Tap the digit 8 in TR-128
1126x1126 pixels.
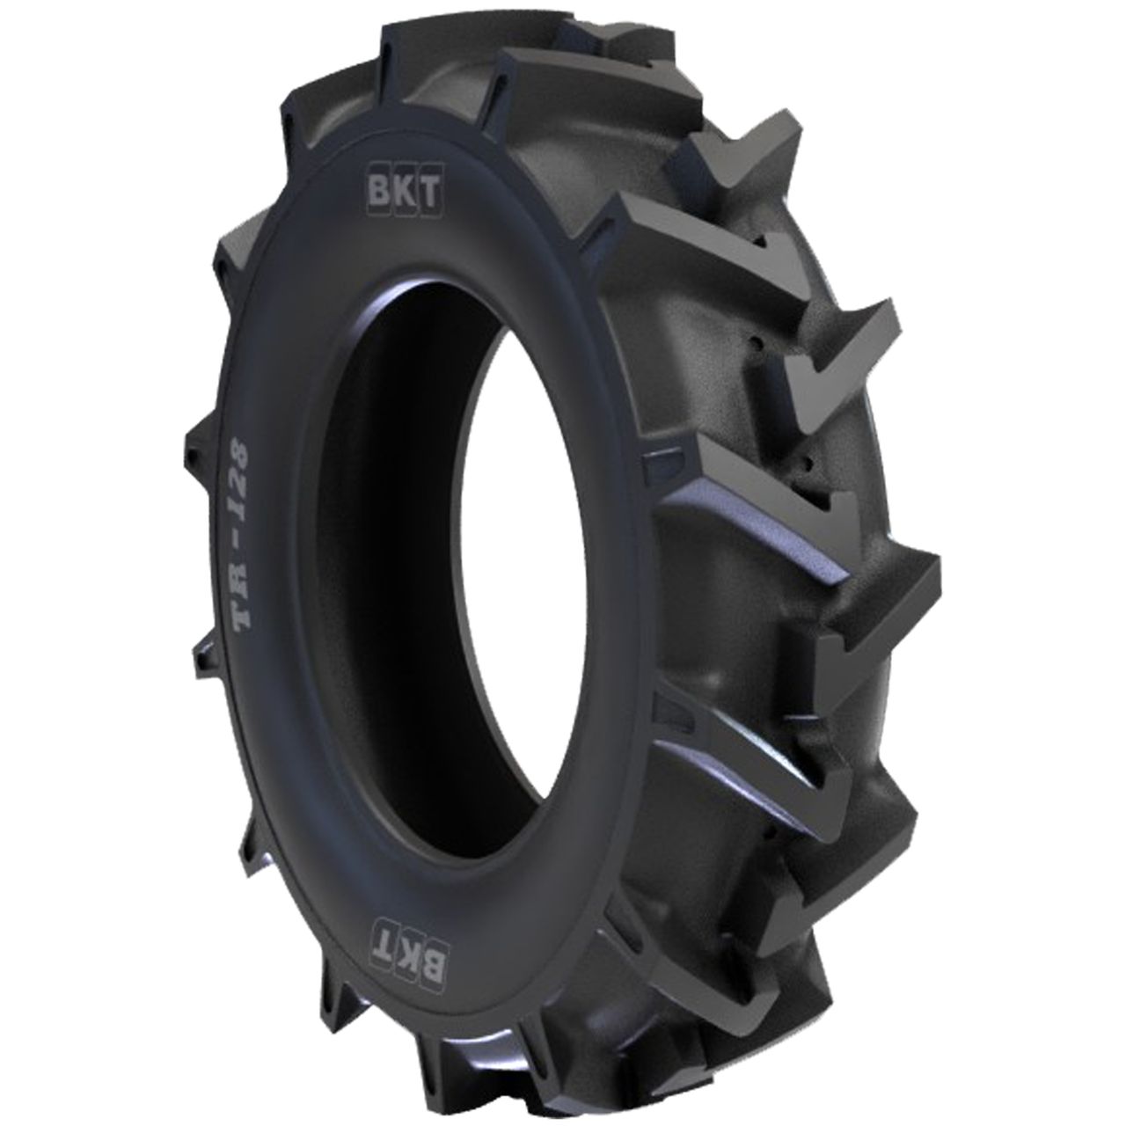[238, 462]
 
